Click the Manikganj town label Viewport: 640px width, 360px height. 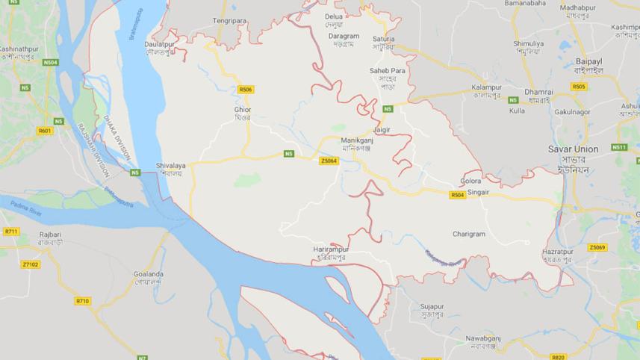[x=355, y=140]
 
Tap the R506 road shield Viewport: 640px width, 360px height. [x=246, y=90]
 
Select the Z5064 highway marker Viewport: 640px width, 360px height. [x=329, y=161]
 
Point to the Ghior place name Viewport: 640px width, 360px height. [x=243, y=110]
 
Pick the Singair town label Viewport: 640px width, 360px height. [x=478, y=192]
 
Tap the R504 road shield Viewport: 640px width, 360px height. [x=458, y=195]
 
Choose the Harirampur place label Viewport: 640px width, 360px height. [x=331, y=248]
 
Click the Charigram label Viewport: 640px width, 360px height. [x=469, y=234]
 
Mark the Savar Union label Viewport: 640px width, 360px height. [x=573, y=149]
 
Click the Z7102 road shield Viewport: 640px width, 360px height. [x=31, y=264]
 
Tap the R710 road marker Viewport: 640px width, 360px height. [x=82, y=301]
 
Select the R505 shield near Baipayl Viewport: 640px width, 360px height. [x=579, y=87]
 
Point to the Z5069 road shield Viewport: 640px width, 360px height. [x=597, y=247]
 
